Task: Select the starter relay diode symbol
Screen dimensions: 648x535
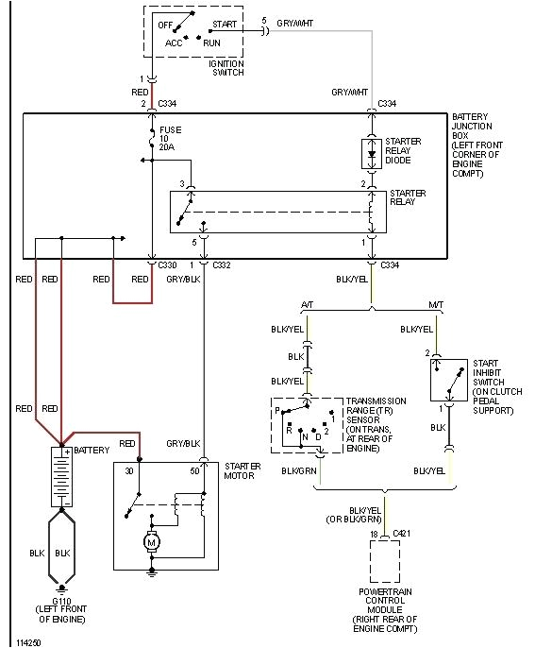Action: coord(370,151)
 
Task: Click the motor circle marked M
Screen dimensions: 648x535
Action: coord(152,542)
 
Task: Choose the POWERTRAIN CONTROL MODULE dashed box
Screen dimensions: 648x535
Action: coord(384,561)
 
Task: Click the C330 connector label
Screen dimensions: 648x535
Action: coord(167,265)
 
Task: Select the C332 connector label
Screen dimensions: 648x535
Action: coord(222,265)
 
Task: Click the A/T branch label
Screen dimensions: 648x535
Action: coord(307,304)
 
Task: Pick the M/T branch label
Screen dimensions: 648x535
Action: coord(435,304)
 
